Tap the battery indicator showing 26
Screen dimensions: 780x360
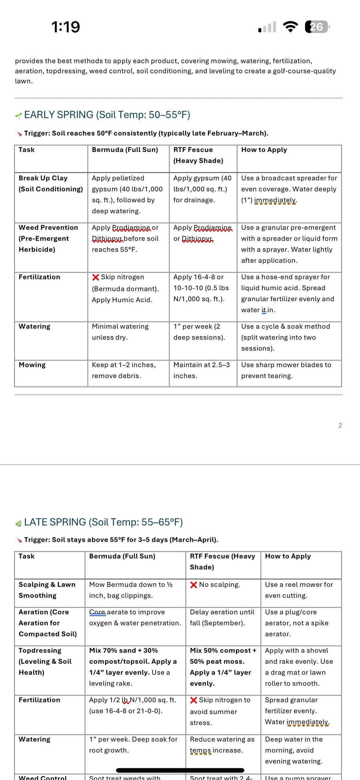(317, 27)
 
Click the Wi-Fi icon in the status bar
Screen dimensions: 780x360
(290, 27)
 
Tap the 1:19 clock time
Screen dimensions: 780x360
(66, 27)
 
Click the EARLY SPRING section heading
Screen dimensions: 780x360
(107, 115)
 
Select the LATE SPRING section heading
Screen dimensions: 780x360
(103, 522)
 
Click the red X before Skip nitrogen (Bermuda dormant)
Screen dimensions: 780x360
(96, 277)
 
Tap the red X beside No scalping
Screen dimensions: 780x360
(194, 585)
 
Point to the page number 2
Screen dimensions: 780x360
(340, 425)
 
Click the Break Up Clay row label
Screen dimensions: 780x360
(51, 184)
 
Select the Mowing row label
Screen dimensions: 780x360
(32, 365)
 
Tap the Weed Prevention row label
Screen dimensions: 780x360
(48, 238)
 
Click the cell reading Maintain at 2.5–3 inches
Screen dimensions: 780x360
(201, 370)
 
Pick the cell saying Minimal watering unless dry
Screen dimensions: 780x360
(120, 332)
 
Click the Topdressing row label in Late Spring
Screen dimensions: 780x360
(45, 661)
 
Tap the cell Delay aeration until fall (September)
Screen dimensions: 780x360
(222, 617)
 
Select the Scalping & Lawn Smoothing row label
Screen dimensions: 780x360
(47, 590)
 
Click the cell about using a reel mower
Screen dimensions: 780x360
(299, 590)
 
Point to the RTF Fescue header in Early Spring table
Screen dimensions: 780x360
(198, 155)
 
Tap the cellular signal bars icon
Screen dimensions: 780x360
(267, 27)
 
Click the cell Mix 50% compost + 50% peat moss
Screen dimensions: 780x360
(223, 667)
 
